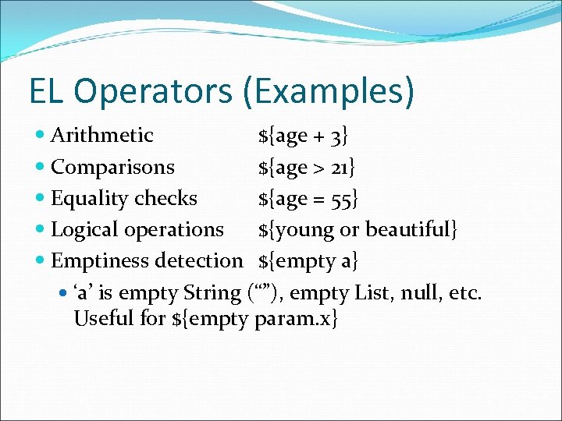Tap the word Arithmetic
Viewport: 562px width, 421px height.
point(101,136)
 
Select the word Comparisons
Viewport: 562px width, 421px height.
point(112,167)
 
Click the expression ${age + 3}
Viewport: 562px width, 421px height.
point(303,136)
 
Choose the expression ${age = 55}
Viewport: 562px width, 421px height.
point(308,199)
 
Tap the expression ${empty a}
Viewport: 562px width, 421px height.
point(308,261)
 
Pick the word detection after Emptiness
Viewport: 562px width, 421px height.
point(199,261)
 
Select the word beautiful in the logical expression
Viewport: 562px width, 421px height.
point(411,230)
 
